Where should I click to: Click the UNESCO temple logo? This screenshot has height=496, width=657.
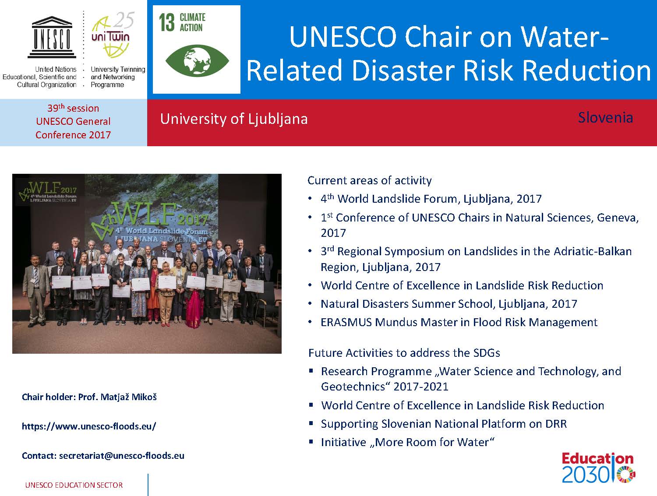click(52, 37)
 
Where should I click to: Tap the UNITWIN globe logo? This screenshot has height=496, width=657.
click(112, 35)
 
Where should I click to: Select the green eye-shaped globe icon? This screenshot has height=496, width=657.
click(197, 61)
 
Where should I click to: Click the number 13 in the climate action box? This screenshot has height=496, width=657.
click(167, 22)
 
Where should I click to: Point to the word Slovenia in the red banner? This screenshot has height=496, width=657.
click(605, 118)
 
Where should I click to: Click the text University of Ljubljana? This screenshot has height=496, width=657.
click(234, 120)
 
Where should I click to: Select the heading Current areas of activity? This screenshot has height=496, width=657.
click(370, 180)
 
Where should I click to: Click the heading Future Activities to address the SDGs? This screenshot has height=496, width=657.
click(404, 353)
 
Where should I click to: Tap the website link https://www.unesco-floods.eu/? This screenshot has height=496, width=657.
click(89, 426)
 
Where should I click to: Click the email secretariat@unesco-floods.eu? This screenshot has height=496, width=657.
click(121, 456)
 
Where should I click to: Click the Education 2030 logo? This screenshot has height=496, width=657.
click(598, 468)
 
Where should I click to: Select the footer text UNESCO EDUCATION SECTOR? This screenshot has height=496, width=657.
click(74, 485)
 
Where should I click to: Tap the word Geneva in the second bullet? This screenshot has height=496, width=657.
click(618, 218)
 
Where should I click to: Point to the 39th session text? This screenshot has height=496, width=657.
click(73, 108)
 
